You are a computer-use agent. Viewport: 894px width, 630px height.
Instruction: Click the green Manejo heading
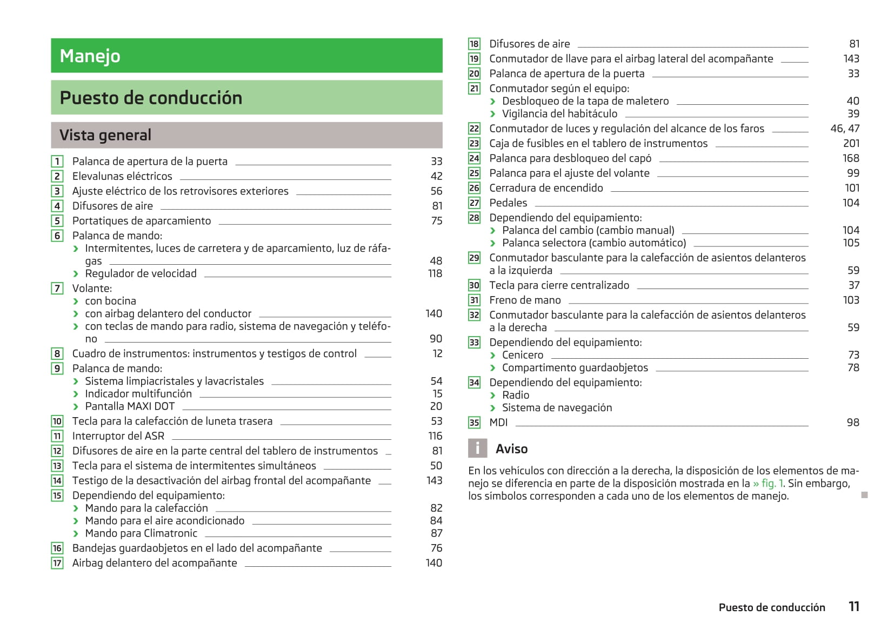[x=90, y=56]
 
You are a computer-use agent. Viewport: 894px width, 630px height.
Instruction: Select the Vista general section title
[x=105, y=135]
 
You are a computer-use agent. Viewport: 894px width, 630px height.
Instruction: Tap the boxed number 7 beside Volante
[x=57, y=289]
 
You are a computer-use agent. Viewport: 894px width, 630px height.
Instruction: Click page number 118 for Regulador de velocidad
[x=435, y=273]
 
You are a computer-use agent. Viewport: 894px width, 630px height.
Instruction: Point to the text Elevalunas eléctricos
[x=122, y=176]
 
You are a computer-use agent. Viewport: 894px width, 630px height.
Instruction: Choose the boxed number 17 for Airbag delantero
[x=57, y=563]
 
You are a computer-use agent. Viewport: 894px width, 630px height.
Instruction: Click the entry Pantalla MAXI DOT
[x=130, y=406]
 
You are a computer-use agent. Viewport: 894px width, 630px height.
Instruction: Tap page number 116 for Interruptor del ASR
[x=435, y=436]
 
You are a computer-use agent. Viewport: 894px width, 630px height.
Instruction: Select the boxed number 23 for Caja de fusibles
[x=474, y=144]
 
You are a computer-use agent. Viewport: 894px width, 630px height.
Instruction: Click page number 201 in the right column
[x=851, y=143]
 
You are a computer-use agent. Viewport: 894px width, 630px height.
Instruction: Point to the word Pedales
[x=508, y=203]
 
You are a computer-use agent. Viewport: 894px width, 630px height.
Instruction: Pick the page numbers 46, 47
[x=845, y=129]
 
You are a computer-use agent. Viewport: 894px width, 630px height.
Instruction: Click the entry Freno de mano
[x=525, y=300]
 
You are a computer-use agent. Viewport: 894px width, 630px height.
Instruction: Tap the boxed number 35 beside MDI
[x=474, y=423]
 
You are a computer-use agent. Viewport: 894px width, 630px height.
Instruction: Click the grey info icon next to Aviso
[x=477, y=448]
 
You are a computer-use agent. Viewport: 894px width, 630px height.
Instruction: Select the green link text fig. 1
[x=768, y=484]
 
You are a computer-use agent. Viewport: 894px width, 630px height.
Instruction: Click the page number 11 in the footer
[x=854, y=607]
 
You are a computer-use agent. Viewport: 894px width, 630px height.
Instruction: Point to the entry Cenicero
[x=523, y=355]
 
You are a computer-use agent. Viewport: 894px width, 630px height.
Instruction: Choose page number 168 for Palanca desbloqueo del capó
[x=851, y=158]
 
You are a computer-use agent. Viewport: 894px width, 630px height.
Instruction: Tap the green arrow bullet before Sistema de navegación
[x=493, y=408]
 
